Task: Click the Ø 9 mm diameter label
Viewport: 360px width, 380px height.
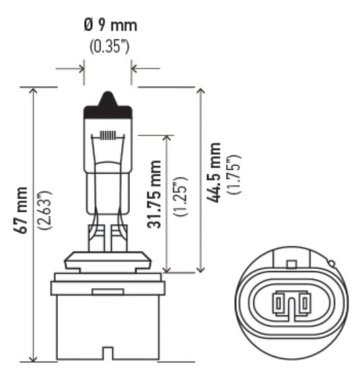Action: (109, 26)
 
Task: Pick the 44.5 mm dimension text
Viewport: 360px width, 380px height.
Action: (214, 174)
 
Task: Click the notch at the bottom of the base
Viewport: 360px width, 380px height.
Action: (107, 353)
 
